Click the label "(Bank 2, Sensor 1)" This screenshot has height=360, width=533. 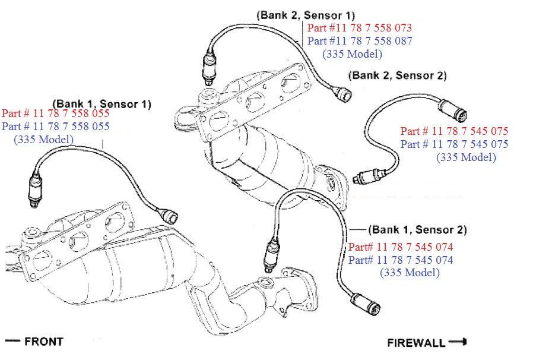coord(305,14)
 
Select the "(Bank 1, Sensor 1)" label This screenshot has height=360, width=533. coord(101,104)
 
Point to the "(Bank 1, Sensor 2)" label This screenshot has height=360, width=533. coord(417,230)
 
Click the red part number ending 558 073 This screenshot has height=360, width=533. coord(359,28)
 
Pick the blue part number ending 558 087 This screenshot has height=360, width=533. coord(359,41)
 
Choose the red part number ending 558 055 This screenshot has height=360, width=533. coord(56,113)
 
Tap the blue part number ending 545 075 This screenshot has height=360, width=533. coord(454,144)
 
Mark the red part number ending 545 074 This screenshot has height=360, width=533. coord(401,247)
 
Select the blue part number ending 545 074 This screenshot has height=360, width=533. coord(401,260)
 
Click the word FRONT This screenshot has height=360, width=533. coord(43,341)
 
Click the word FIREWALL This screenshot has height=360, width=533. coord(416,343)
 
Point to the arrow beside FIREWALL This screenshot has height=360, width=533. coord(458,342)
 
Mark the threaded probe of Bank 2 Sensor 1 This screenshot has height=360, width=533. coord(208,69)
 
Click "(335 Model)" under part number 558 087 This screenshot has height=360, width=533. coord(352,54)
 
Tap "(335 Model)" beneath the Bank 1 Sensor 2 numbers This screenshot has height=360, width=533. coord(410,273)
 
